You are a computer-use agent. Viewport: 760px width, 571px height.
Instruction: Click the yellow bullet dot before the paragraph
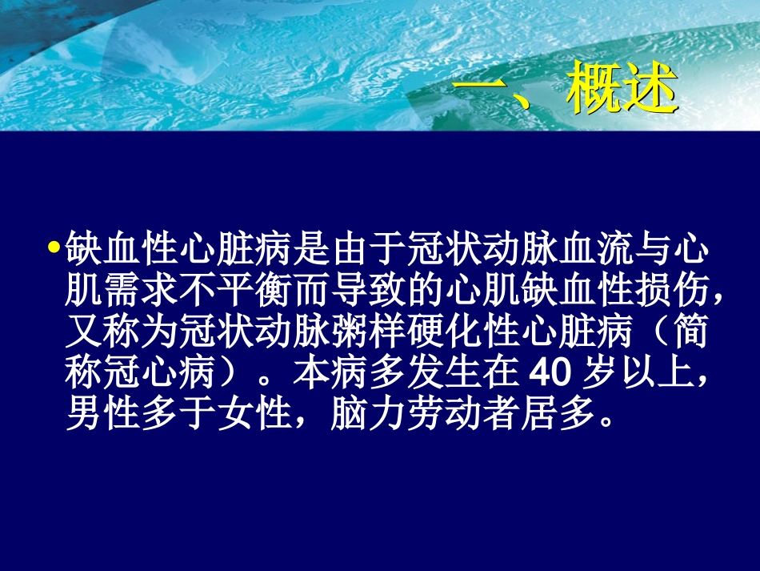pyautogui.click(x=54, y=247)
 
